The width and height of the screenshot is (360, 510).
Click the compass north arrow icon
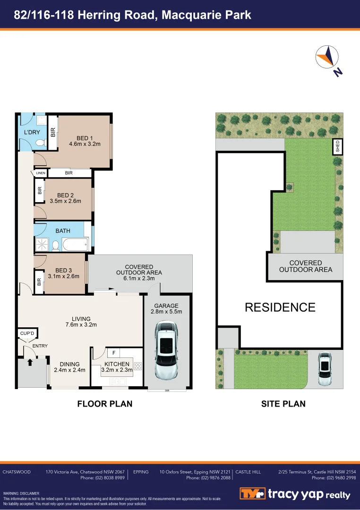(328, 59)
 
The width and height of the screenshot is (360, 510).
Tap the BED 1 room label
(85, 137)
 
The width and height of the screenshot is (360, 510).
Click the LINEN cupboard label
(40, 173)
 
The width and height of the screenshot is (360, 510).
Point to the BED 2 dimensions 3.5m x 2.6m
(66, 201)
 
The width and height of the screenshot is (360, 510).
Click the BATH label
(63, 231)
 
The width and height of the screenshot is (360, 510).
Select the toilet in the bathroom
(55, 245)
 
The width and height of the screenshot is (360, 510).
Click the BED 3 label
(64, 271)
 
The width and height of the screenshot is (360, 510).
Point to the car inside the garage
(167, 350)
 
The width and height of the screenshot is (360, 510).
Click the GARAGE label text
(166, 306)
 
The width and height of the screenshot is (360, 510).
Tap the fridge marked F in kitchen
(114, 353)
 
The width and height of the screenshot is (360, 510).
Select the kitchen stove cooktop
(138, 366)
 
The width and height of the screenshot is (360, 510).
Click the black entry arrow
(30, 363)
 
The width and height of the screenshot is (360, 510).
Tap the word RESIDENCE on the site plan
(280, 307)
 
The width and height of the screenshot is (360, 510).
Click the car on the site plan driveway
(325, 368)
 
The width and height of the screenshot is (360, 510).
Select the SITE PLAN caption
(283, 404)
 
